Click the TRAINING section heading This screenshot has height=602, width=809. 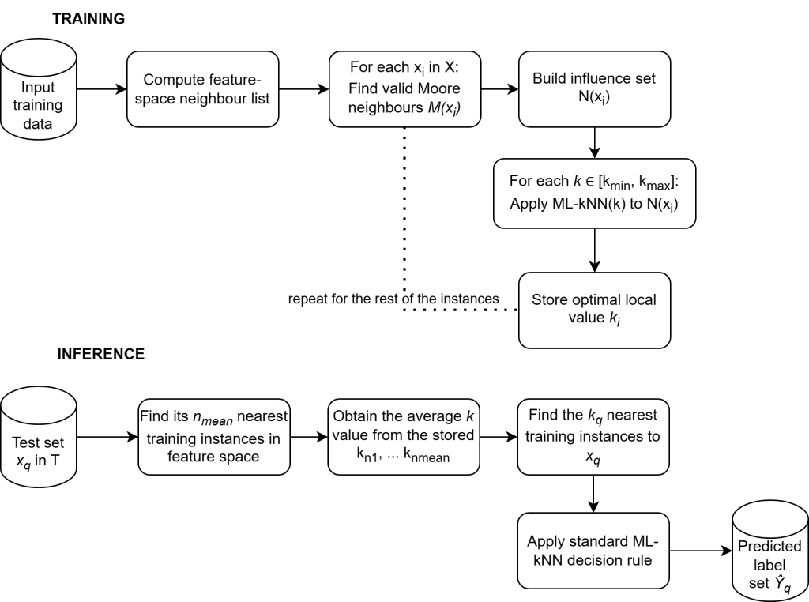pos(88,19)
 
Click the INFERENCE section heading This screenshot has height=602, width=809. pos(101,354)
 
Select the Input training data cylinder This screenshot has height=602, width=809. pos(38,90)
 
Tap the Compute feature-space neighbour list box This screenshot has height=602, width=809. pos(203,88)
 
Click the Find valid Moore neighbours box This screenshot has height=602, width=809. pos(405,88)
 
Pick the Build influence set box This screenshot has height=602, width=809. pos(594,88)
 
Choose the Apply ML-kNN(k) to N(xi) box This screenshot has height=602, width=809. pos(594,194)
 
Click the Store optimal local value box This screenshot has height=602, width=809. pos(594,310)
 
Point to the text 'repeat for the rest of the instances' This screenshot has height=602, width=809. pos(393,299)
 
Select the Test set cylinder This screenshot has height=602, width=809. pos(38,437)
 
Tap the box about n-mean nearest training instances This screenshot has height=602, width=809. pos(214,437)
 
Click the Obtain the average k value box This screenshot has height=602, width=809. pos(404,437)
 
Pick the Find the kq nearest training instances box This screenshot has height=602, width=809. pos(593,437)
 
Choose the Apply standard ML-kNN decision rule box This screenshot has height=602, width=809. pos(593,551)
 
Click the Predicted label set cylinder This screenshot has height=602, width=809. pos(770,551)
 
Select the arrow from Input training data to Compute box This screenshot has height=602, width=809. pos(102,89)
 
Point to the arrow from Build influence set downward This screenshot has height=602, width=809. pos(594,142)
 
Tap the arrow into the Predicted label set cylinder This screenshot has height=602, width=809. pos(702,551)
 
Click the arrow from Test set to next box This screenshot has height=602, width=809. pos(107,437)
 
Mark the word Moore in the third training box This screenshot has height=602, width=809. pos(438,88)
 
